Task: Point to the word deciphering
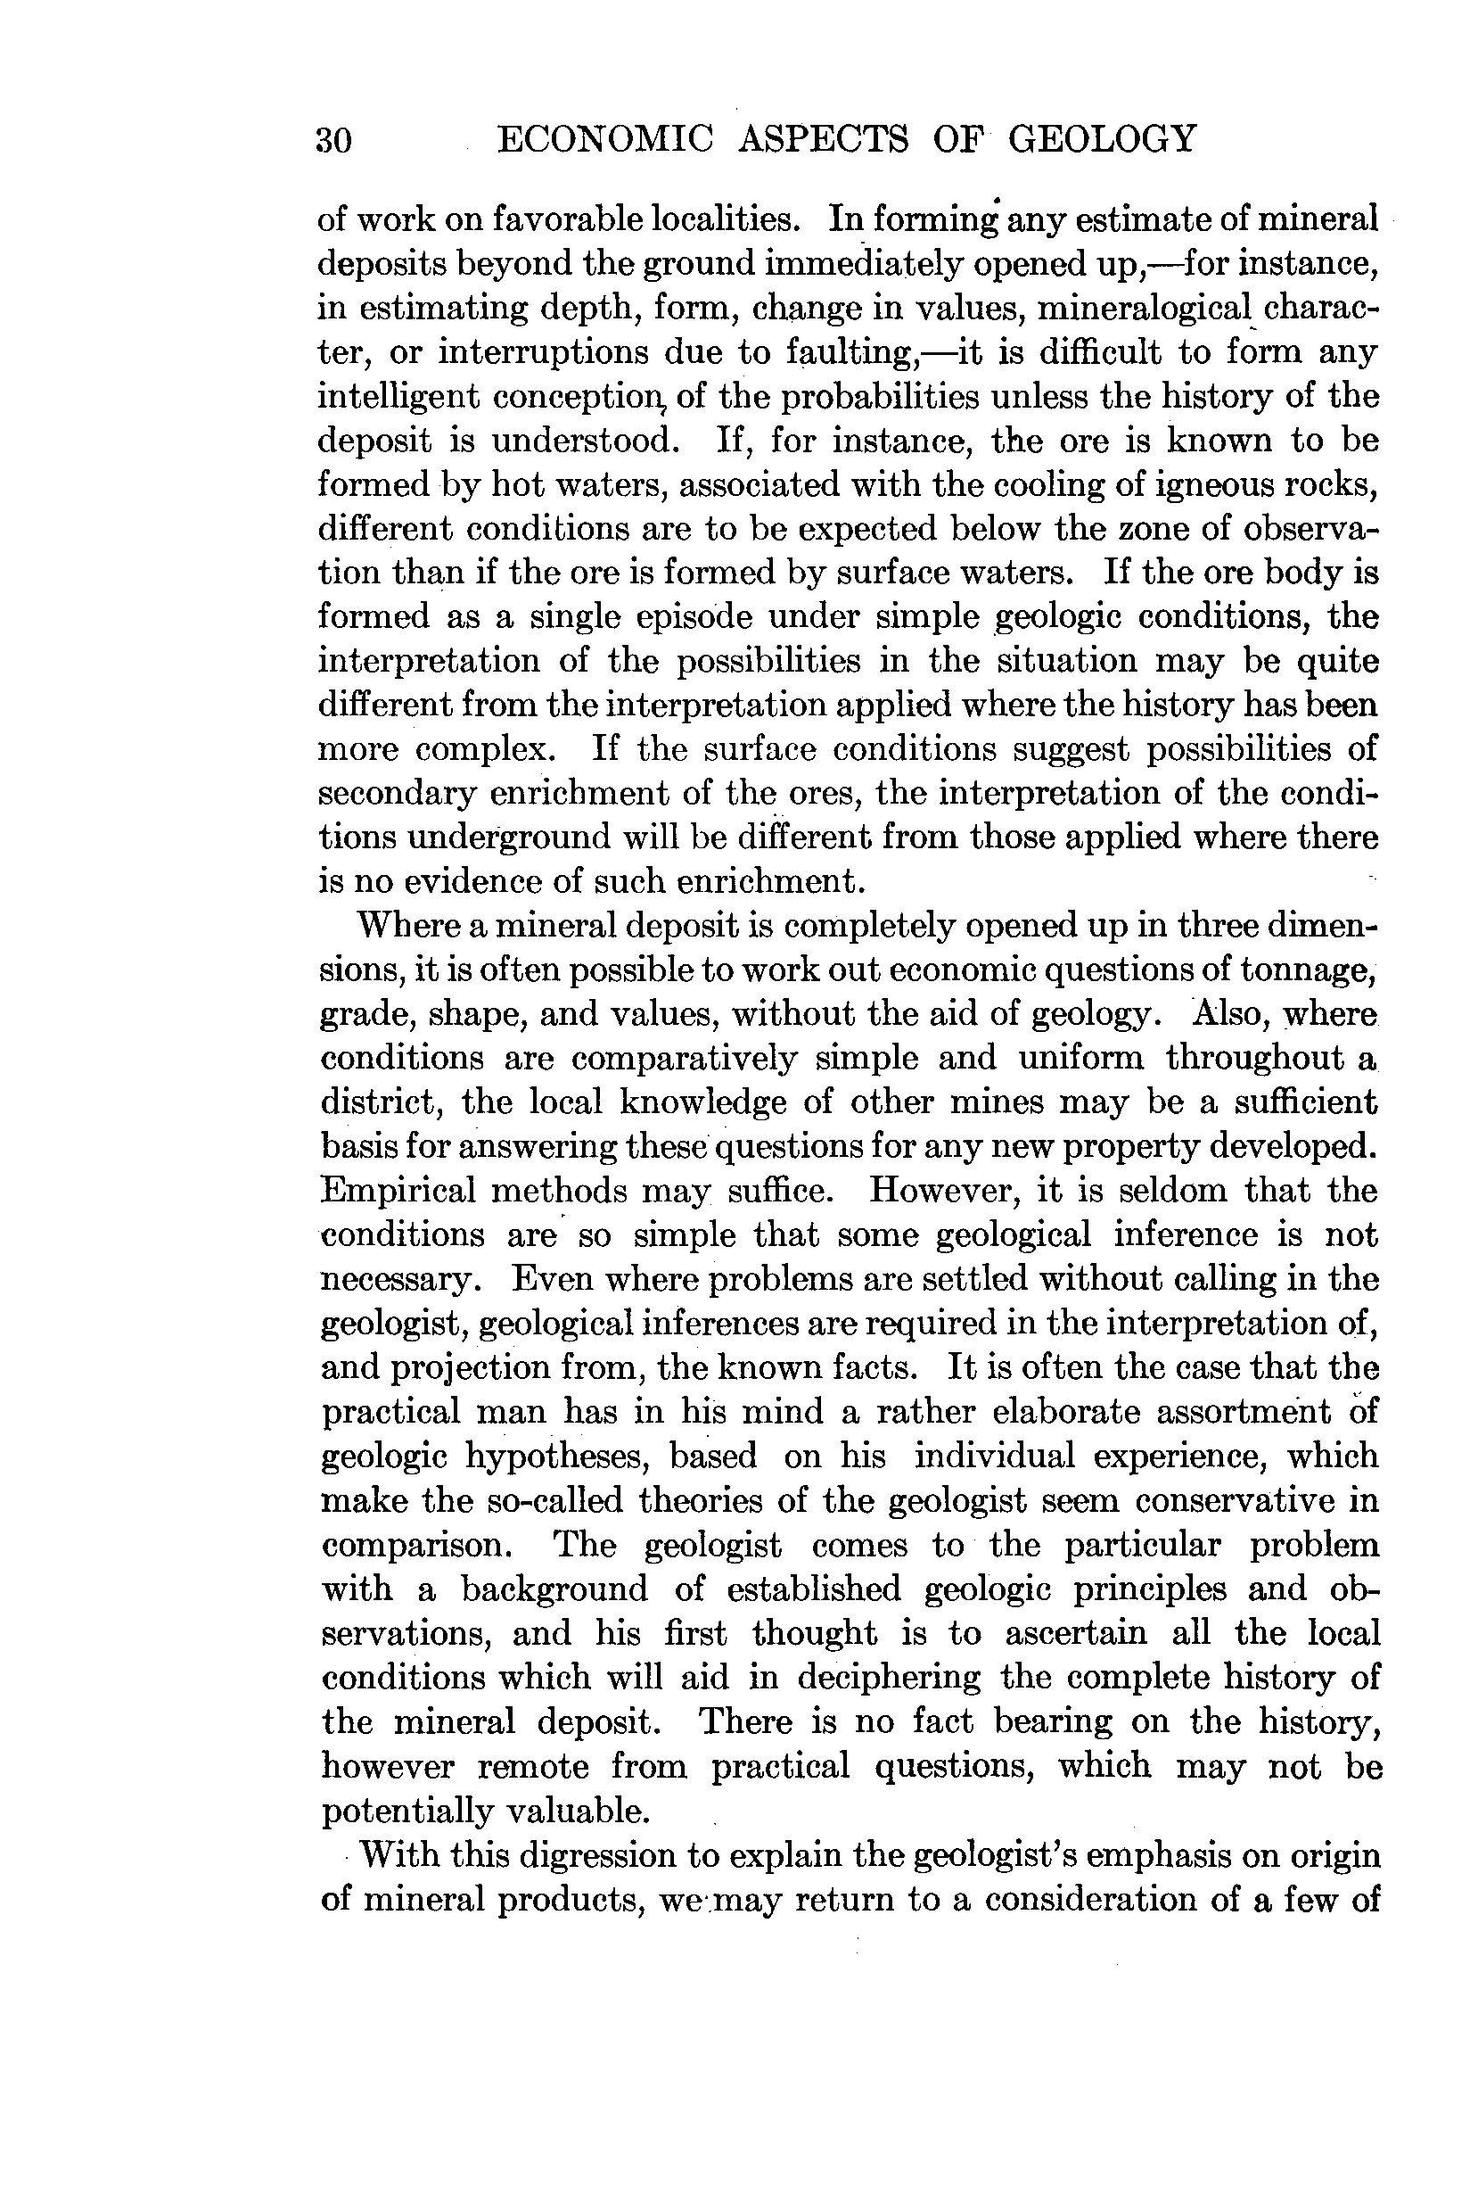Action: coord(888,1678)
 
